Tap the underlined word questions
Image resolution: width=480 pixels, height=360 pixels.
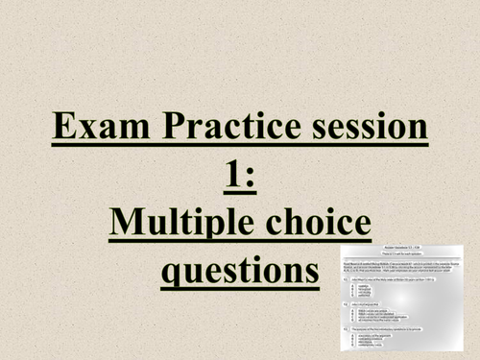(x=240, y=272)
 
